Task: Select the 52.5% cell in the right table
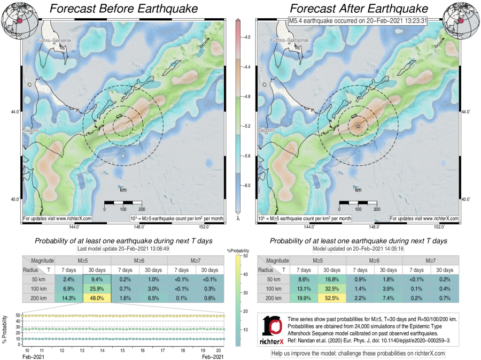(x=332, y=298)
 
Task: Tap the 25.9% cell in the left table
(x=97, y=289)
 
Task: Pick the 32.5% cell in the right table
(x=332, y=289)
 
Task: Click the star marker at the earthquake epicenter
(x=358, y=126)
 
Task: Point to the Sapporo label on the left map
(x=32, y=131)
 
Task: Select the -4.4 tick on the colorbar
(x=245, y=67)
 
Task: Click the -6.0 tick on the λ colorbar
(x=245, y=185)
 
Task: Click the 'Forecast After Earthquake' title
(x=359, y=9)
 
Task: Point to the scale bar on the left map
(x=123, y=203)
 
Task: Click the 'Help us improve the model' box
(x=358, y=354)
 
